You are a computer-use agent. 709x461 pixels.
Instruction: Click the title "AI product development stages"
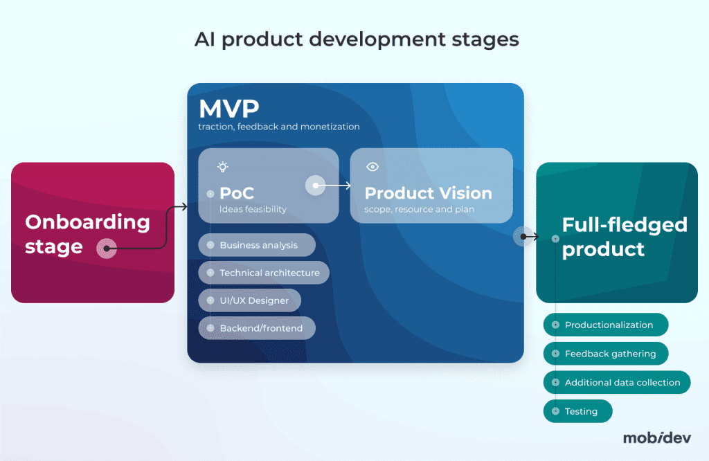[357, 39]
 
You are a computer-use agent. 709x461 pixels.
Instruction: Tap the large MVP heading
[228, 109]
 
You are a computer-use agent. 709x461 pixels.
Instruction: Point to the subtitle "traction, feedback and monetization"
[279, 127]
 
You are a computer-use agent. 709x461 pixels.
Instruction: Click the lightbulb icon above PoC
[222, 167]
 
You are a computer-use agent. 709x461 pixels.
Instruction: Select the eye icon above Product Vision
[373, 167]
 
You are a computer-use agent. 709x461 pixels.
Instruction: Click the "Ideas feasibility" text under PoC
[253, 209]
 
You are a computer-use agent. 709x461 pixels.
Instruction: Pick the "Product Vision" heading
[428, 193]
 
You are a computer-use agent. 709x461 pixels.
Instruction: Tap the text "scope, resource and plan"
[418, 209]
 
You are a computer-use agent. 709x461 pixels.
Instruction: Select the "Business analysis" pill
[257, 245]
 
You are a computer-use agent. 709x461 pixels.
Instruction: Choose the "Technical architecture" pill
[264, 273]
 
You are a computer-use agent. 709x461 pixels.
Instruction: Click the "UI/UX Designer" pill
[249, 301]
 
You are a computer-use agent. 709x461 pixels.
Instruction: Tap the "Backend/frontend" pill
[257, 328]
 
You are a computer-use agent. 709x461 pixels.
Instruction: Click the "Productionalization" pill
[606, 325]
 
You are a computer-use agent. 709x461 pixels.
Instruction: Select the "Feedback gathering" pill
[606, 354]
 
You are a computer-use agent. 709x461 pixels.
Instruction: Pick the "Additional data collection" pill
[617, 382]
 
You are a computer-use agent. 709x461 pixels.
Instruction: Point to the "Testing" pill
[579, 411]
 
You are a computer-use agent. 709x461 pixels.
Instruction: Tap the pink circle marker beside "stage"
[106, 248]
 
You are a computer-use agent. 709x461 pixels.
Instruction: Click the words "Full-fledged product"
[624, 237]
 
